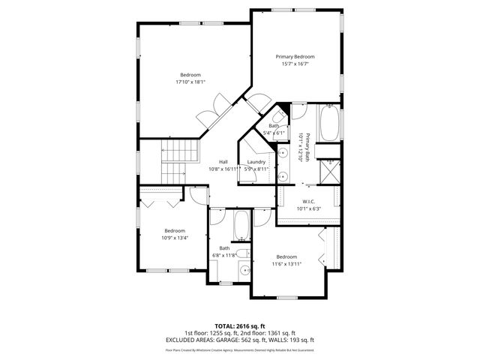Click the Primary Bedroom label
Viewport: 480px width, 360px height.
tap(295, 57)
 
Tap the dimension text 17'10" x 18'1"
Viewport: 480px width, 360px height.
tap(190, 82)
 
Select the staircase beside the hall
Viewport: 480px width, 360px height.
tap(181, 159)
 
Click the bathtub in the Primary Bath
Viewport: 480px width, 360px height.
tap(329, 124)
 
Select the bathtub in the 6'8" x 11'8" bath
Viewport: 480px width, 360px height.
tap(242, 226)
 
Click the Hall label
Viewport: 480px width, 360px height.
tap(223, 162)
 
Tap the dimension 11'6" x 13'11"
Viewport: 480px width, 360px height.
tap(286, 264)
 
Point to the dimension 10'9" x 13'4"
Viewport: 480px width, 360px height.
tap(174, 238)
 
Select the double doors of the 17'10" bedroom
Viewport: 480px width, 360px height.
tap(211, 112)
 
